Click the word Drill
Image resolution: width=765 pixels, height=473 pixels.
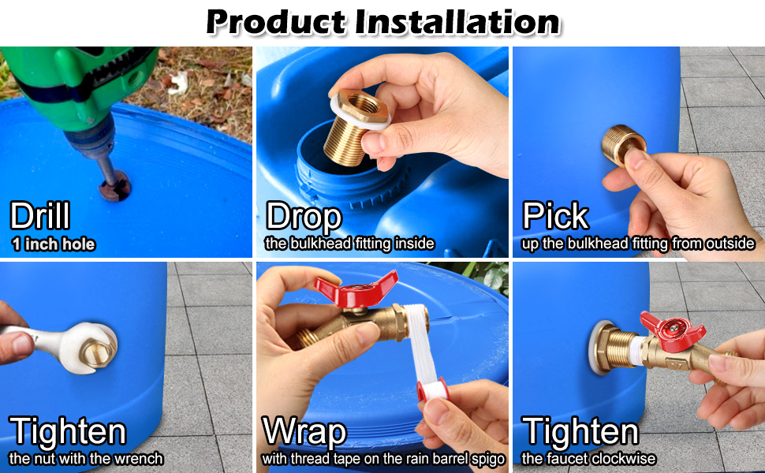coord(40,216)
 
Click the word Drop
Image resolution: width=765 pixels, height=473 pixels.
coord(304,216)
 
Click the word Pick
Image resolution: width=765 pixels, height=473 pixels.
coord(555,216)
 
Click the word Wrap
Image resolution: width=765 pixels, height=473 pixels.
coord(304,433)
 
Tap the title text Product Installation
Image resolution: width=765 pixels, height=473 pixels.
coord(382,21)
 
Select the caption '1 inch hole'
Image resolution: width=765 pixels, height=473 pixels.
coord(53,244)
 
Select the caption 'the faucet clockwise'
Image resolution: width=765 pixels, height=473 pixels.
coord(588,459)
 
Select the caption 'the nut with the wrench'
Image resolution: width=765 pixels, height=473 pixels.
coord(86,459)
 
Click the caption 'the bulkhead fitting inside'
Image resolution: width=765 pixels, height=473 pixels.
coord(349,244)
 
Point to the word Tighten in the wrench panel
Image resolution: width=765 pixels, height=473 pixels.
coord(68,433)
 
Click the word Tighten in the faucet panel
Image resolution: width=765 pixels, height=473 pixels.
coord(580,433)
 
